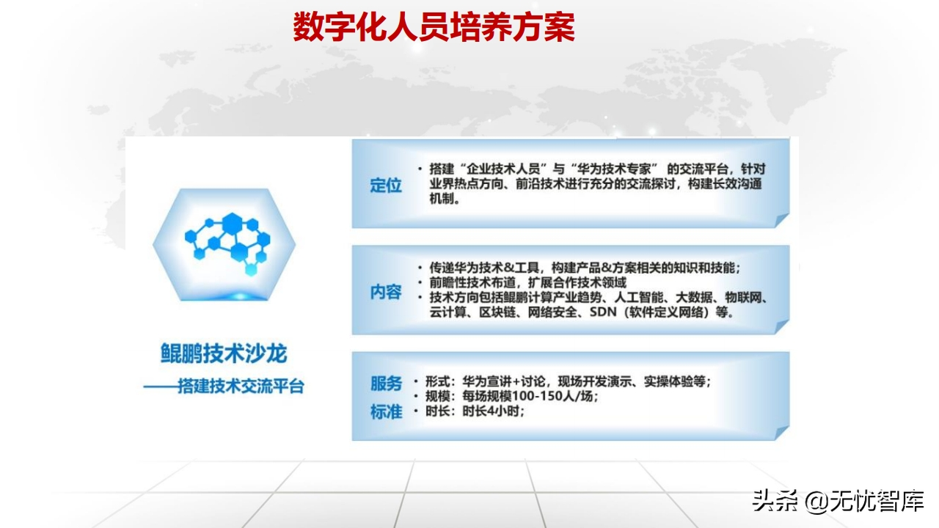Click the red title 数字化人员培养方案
point(434,27)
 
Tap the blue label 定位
point(386,186)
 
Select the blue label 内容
point(386,292)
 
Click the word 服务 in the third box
point(386,383)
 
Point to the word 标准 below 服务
point(386,412)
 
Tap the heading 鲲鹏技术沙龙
point(224,353)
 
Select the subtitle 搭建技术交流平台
point(241,386)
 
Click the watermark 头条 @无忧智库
point(838,501)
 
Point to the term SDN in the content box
point(603,312)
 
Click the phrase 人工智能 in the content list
point(639,298)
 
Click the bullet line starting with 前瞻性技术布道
point(527,282)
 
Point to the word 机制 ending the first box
point(442,199)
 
